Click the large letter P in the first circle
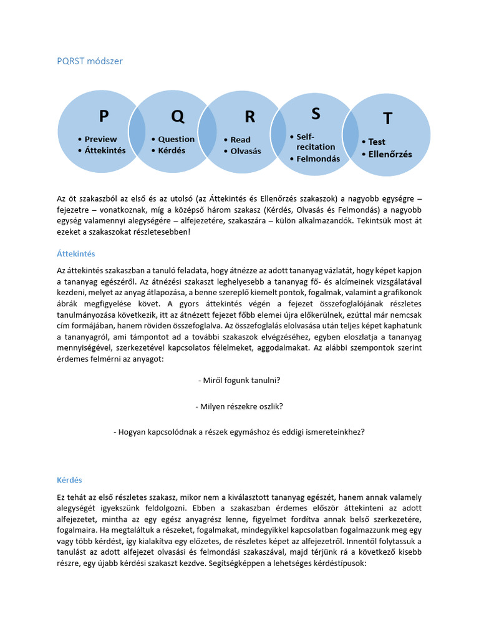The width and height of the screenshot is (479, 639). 104,116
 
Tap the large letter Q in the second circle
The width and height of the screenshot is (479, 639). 178,116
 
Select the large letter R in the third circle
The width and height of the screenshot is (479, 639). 249,117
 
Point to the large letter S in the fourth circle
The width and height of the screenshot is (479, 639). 316,114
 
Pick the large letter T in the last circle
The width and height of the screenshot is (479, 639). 388,119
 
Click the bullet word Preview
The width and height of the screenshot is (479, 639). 100,139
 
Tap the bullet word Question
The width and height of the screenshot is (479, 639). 176,139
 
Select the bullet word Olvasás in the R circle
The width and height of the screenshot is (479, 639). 246,151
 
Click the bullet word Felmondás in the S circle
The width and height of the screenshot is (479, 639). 318,159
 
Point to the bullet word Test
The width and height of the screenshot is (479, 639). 377,142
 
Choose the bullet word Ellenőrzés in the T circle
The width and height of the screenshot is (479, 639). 390,154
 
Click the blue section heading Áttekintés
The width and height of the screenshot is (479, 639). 76,254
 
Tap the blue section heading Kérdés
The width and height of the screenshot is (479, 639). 69,480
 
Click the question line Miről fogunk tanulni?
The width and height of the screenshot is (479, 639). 239,379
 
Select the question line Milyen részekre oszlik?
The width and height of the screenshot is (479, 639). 239,406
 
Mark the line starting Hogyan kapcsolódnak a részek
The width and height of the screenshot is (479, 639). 239,432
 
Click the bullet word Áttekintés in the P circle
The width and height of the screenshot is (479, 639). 105,150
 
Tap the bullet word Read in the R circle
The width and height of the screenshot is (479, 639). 240,140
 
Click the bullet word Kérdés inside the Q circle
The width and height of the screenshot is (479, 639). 172,150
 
